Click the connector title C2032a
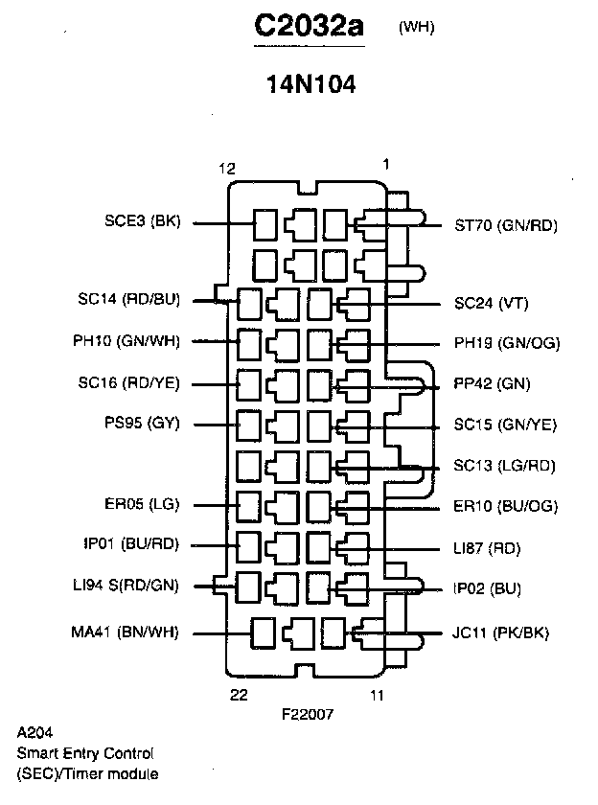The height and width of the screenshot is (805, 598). pyautogui.click(x=310, y=28)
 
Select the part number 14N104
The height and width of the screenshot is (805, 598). pyautogui.click(x=311, y=84)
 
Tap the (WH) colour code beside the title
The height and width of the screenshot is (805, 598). pyautogui.click(x=416, y=27)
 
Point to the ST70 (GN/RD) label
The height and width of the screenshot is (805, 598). pyautogui.click(x=505, y=226)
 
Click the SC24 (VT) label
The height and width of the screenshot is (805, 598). pyautogui.click(x=491, y=304)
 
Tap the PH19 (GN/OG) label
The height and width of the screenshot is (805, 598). pyautogui.click(x=507, y=343)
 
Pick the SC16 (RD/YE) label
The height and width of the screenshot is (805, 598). pyautogui.click(x=129, y=383)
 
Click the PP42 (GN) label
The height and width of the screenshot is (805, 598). pyautogui.click(x=492, y=384)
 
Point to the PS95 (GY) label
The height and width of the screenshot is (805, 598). pyautogui.click(x=142, y=423)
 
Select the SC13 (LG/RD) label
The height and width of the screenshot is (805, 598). pyautogui.click(x=504, y=466)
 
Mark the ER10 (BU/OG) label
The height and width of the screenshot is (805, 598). pyautogui.click(x=505, y=506)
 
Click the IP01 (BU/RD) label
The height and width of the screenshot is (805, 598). pyautogui.click(x=130, y=544)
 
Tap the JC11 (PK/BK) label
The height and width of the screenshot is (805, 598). pyautogui.click(x=500, y=632)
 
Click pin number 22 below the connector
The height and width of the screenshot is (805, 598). pyautogui.click(x=240, y=694)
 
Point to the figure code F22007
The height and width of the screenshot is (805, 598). pyautogui.click(x=308, y=714)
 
